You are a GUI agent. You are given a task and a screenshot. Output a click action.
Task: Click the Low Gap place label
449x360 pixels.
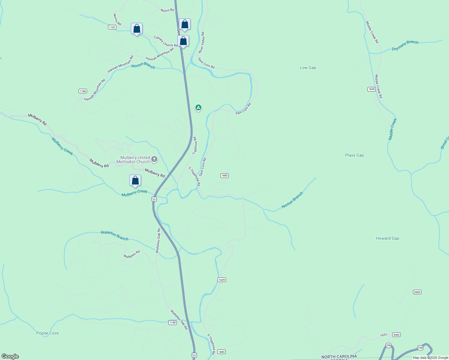click(308, 67)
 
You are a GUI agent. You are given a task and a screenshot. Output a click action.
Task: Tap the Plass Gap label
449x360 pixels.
click(354, 155)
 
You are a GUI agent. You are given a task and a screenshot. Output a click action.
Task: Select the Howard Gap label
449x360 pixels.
click(387, 238)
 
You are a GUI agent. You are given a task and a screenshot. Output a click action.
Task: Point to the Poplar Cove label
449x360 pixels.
click(47, 333)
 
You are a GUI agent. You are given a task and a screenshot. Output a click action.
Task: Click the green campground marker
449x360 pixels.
click(198, 107)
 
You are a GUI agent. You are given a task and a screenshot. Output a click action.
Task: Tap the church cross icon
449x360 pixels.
click(154, 159)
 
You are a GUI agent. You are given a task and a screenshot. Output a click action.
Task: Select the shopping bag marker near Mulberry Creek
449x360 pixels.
click(135, 181)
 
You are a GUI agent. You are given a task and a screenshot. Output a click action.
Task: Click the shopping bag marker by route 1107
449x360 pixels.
click(137, 29)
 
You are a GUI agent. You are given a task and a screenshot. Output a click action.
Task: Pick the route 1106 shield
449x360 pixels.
click(83, 91)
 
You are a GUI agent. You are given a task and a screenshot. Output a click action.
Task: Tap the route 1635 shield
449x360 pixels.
click(372, 89)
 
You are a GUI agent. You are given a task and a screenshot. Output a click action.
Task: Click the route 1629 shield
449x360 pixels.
click(221, 280)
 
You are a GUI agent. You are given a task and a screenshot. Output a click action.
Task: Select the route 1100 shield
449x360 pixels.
click(172, 322)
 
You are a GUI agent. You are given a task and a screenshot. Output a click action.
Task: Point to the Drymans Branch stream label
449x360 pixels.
click(405, 45)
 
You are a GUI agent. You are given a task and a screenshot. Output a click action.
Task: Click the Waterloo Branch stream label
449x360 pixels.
click(114, 235)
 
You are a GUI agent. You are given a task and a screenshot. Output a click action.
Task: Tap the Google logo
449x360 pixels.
click(10, 356)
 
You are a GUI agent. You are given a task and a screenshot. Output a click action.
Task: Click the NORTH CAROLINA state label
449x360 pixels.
click(339, 356)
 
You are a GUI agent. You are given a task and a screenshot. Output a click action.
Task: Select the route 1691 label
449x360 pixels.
click(384, 335)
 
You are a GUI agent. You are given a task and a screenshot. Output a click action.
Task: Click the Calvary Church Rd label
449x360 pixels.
click(166, 41)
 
